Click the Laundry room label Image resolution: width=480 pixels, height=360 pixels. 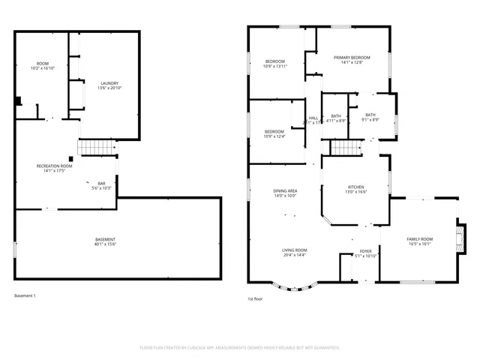pyautogui.click(x=108, y=83)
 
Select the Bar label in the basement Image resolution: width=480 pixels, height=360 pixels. pyautogui.click(x=101, y=183)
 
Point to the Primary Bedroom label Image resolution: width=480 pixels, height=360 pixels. pyautogui.click(x=348, y=57)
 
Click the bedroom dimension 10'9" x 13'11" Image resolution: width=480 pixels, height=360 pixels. pyautogui.click(x=275, y=66)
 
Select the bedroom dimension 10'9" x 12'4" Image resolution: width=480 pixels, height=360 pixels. pyautogui.click(x=275, y=136)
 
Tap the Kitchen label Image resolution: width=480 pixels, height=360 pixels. pyautogui.click(x=355, y=187)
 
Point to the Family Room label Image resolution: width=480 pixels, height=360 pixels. pyautogui.click(x=420, y=238)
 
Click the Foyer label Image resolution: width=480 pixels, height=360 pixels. pyautogui.click(x=365, y=251)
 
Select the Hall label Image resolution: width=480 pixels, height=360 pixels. pyautogui.click(x=313, y=118)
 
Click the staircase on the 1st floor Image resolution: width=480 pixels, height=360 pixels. pyautogui.click(x=346, y=148)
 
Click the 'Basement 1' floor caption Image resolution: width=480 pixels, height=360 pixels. pyautogui.click(x=25, y=295)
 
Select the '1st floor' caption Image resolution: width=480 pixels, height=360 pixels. pyautogui.click(x=255, y=298)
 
